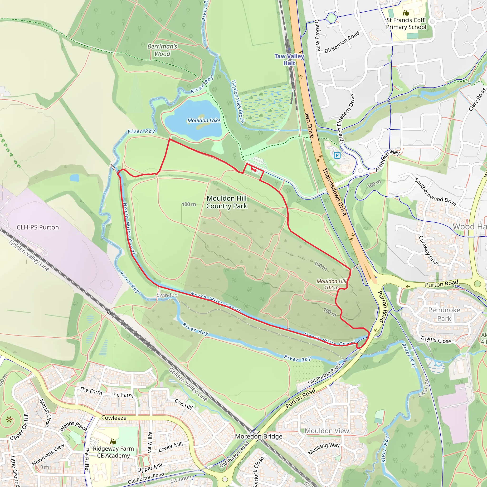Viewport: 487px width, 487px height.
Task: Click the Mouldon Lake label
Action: click(204, 121)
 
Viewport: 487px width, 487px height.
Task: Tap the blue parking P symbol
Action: click(337, 155)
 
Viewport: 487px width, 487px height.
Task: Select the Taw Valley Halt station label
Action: click(289, 59)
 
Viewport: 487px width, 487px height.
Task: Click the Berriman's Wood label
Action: click(162, 50)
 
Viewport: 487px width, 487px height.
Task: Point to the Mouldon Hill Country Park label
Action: click(227, 202)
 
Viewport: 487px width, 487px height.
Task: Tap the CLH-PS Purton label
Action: click(38, 227)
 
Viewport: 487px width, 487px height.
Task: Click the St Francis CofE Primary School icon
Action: click(406, 13)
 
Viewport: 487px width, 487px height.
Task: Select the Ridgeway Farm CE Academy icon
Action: click(113, 441)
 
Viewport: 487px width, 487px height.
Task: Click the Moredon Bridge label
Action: click(259, 436)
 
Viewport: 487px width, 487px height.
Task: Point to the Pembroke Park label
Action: click(444, 314)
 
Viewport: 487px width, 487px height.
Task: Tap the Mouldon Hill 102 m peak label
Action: click(331, 284)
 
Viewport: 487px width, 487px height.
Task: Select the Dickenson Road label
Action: click(342, 42)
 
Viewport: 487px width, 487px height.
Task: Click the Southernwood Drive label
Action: click(435, 192)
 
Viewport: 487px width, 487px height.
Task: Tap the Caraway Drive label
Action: click(429, 251)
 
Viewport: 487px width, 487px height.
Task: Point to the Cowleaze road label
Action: click(114, 418)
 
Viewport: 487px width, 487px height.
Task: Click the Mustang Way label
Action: click(324, 449)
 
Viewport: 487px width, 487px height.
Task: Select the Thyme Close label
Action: click(436, 340)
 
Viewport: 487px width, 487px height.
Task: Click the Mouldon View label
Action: click(327, 431)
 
